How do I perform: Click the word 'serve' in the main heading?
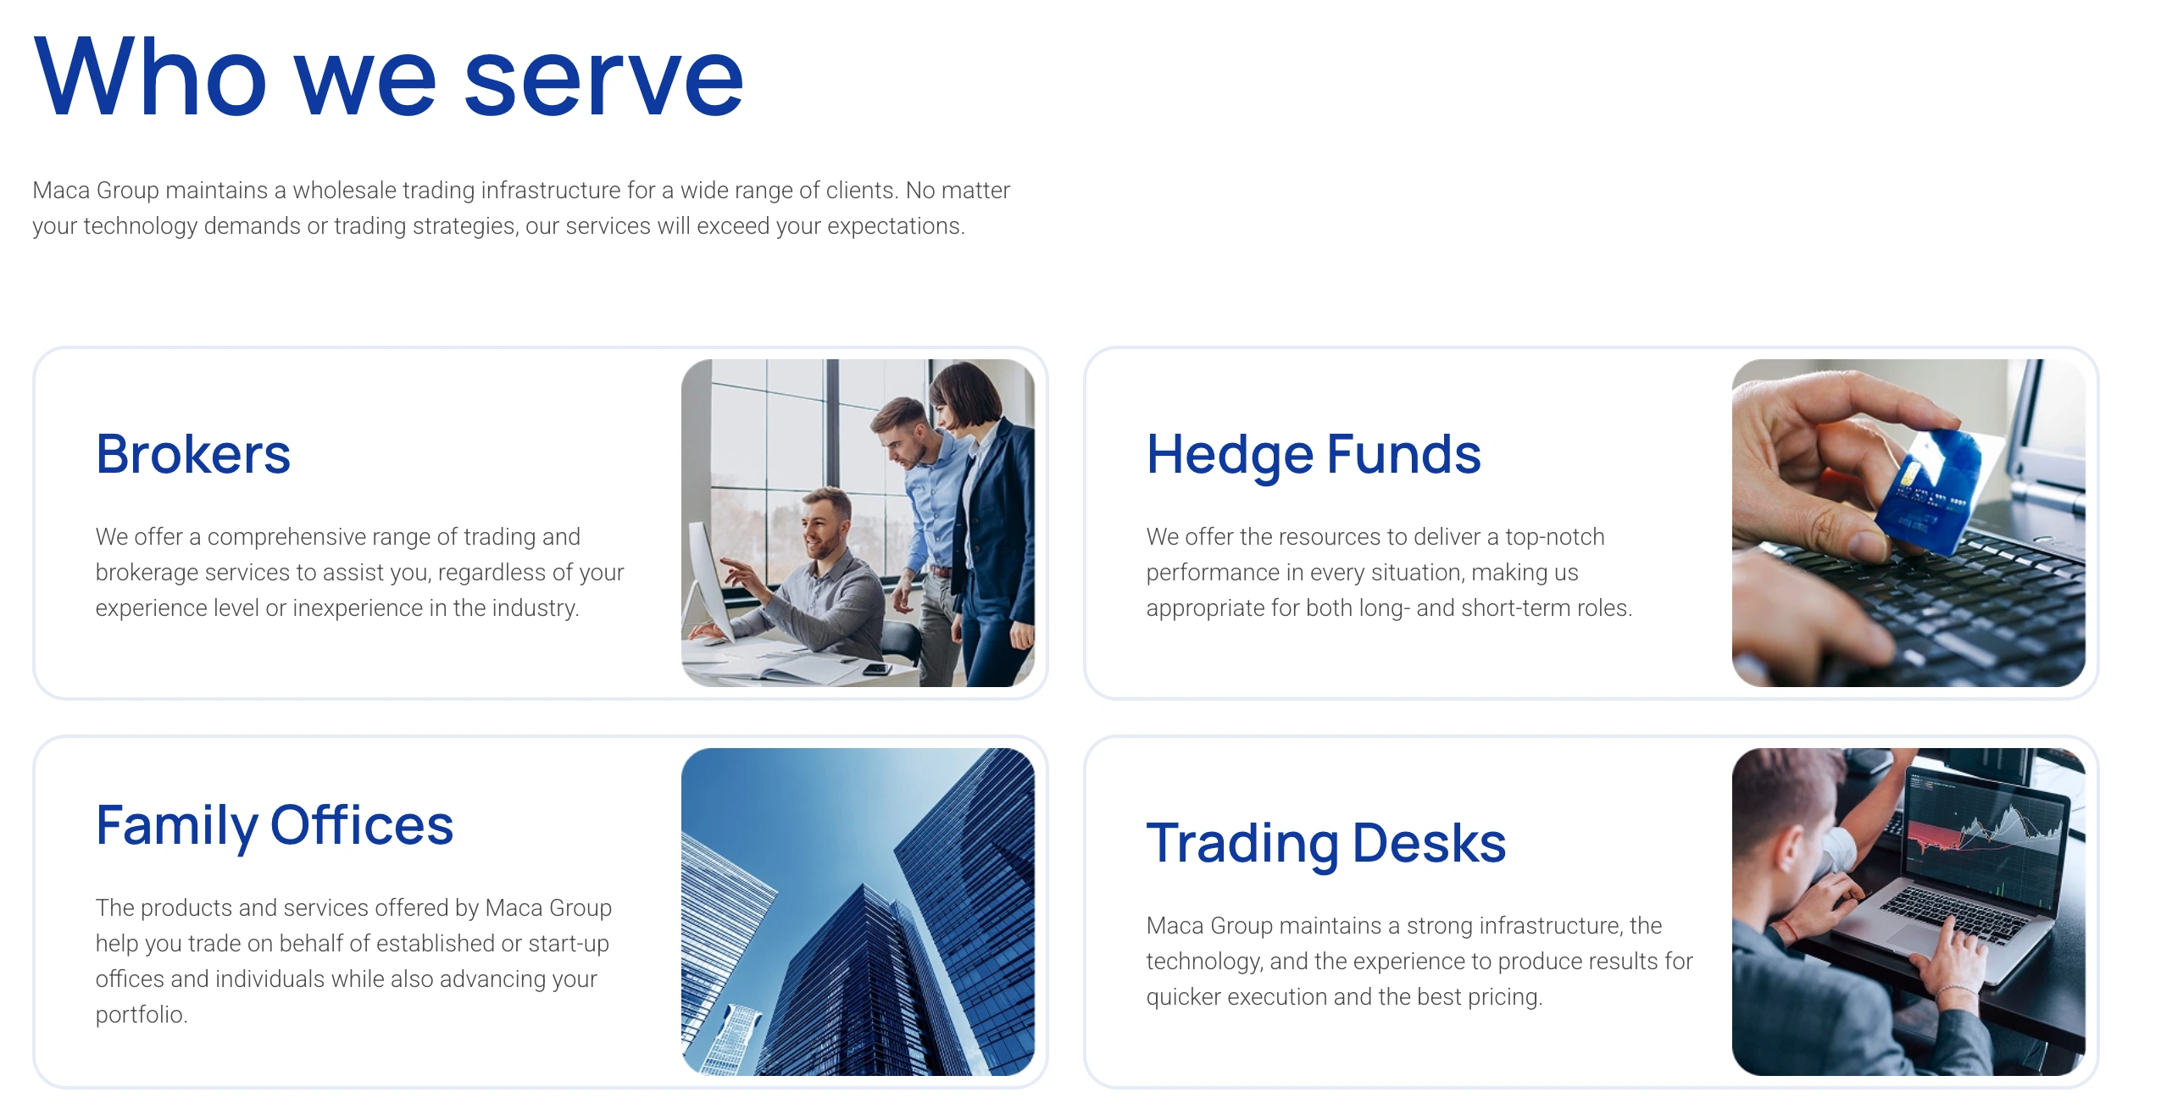(603, 80)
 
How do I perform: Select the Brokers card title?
(193, 454)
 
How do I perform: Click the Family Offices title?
(275, 827)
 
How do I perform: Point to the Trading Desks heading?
(1326, 845)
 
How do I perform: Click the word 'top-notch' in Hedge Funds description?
(1555, 537)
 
